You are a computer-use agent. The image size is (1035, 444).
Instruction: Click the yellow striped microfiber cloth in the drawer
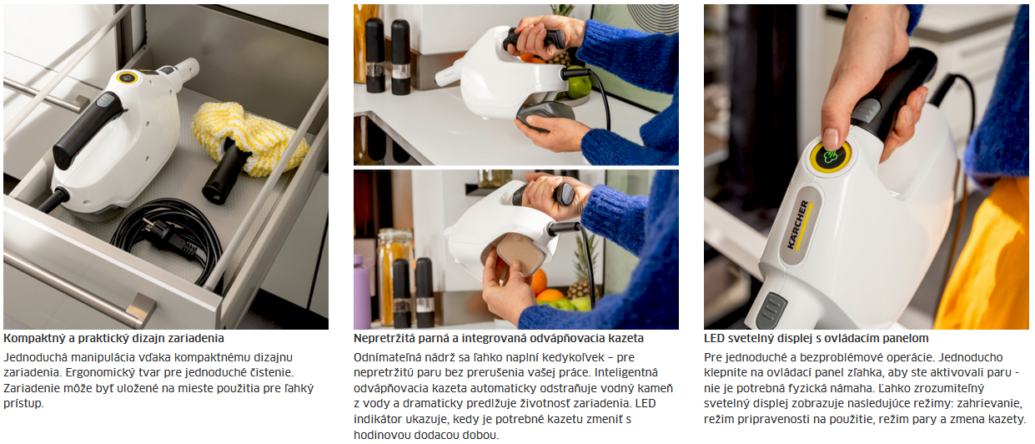pyautogui.click(x=249, y=139)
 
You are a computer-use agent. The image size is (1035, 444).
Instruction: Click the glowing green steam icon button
pyautogui.click(x=831, y=156)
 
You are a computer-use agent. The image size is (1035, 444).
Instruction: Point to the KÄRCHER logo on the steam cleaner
pyautogui.click(x=798, y=225)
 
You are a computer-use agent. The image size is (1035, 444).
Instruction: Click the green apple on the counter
pyautogui.click(x=578, y=84)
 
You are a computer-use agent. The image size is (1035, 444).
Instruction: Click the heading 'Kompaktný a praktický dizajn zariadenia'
pyautogui.click(x=113, y=338)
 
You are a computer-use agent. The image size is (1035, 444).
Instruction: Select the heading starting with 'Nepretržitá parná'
pyautogui.click(x=499, y=338)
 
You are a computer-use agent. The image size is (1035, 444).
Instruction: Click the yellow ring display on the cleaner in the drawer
pyautogui.click(x=128, y=78)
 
